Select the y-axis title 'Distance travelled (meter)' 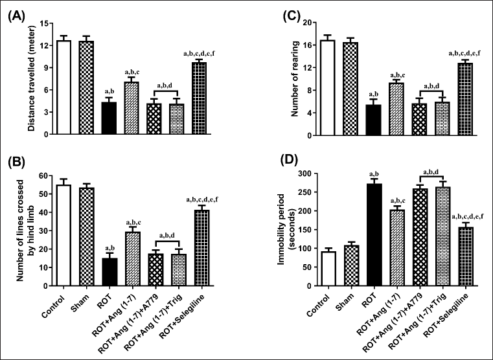(31, 78)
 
